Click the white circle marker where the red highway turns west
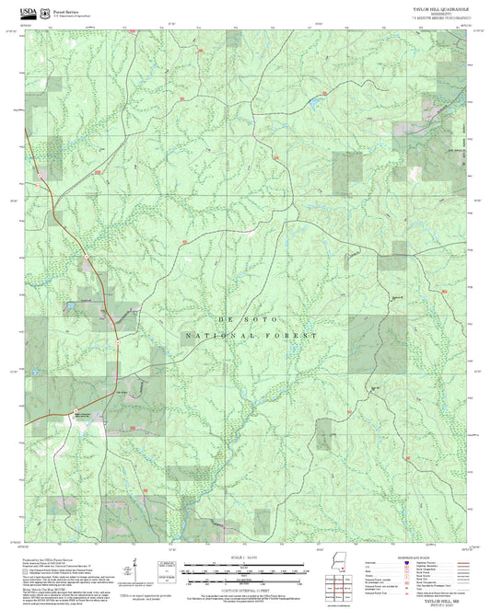(x=119, y=339)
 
